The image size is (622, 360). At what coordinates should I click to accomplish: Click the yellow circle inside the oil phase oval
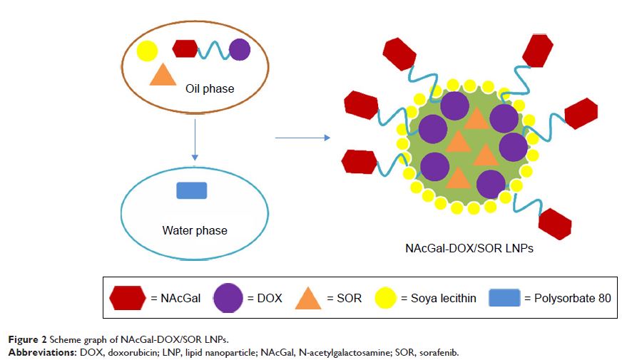pyautogui.click(x=146, y=51)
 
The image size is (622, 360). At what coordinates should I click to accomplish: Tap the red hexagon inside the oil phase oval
pyautogui.click(x=185, y=48)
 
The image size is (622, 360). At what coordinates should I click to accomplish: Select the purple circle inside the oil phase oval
pyautogui.click(x=240, y=49)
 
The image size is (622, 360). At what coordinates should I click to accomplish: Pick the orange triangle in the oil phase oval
pyautogui.click(x=163, y=75)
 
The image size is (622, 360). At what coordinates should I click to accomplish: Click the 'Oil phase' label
pyautogui.click(x=210, y=89)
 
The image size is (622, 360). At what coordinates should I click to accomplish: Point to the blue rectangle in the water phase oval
pyautogui.click(x=192, y=190)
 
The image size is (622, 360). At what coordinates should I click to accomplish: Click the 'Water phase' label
pyautogui.click(x=195, y=230)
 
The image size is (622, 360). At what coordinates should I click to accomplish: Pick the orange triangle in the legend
pyautogui.click(x=309, y=298)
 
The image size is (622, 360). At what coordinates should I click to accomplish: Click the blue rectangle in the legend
pyautogui.click(x=504, y=298)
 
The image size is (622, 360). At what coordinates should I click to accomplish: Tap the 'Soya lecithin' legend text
pyautogui.click(x=443, y=298)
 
